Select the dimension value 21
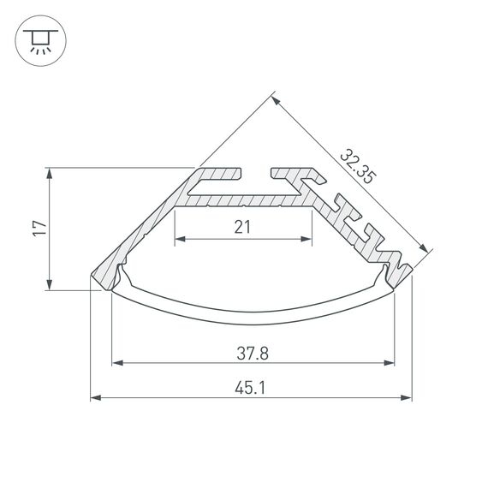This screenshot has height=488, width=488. coord(242,227)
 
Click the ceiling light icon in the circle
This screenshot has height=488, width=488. coord(38,39)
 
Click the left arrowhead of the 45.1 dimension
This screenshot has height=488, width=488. coord(96,397)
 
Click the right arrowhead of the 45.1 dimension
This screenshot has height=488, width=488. coord(407,397)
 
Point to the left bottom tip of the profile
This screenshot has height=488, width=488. coord(92,279)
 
